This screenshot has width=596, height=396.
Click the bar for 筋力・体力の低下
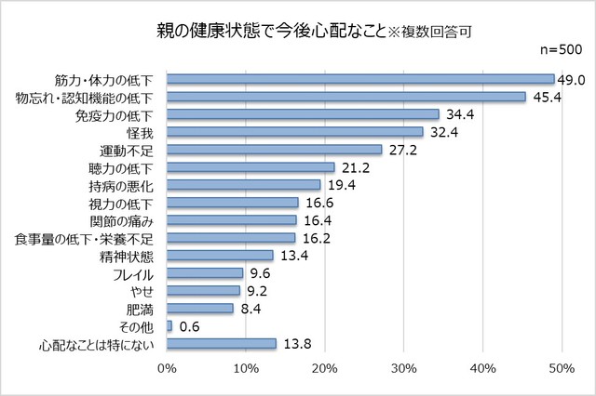[x=360, y=79]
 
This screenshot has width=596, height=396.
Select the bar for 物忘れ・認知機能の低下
[x=346, y=97]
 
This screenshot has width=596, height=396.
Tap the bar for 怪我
[x=295, y=132]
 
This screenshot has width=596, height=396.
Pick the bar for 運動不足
[x=275, y=150]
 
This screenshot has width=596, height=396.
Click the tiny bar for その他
[x=169, y=325]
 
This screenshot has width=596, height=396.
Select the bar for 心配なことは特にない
[x=222, y=343]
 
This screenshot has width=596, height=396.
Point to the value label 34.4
[x=459, y=114]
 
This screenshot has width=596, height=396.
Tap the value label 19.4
[x=341, y=185]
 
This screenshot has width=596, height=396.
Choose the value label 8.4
[x=251, y=309]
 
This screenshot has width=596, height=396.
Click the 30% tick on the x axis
[x=403, y=370]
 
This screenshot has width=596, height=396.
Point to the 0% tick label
[x=167, y=370]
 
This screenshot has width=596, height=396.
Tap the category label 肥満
[x=140, y=309]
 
